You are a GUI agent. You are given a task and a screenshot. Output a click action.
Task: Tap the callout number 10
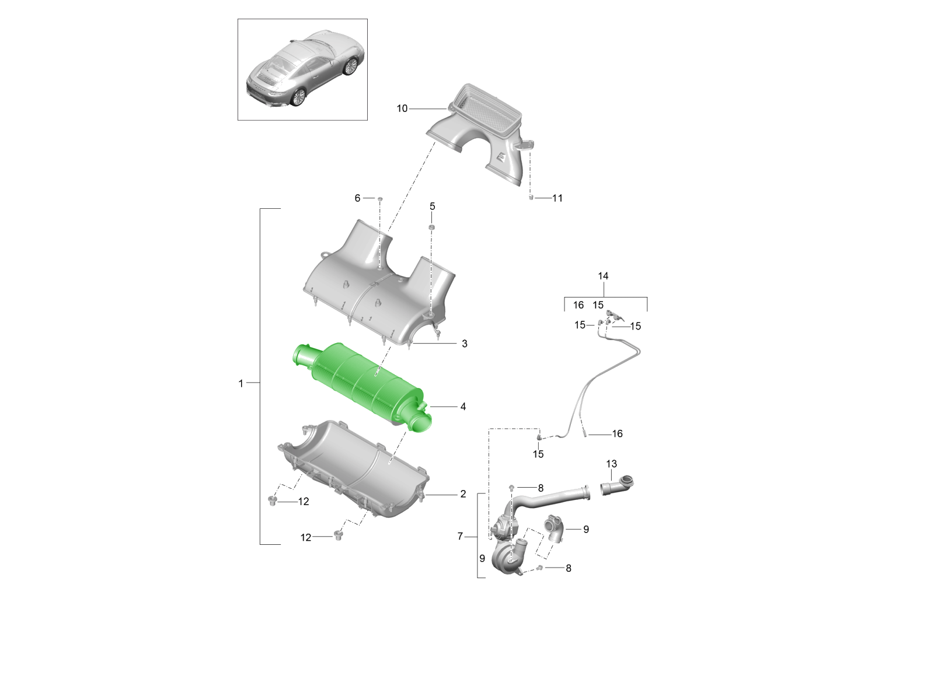coord(402,109)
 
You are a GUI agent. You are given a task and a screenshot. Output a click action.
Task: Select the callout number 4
coord(463,407)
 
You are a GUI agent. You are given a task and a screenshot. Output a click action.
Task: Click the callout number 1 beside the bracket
coord(241,383)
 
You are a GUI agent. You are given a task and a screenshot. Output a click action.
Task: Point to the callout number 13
coord(611,464)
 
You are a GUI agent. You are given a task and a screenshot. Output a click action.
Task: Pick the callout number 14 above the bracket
coord(603,276)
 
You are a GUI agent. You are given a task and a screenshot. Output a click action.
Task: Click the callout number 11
coord(557,198)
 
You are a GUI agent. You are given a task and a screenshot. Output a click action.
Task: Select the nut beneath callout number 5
coord(431,228)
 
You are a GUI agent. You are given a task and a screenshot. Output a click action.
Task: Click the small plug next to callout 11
coord(531,197)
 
